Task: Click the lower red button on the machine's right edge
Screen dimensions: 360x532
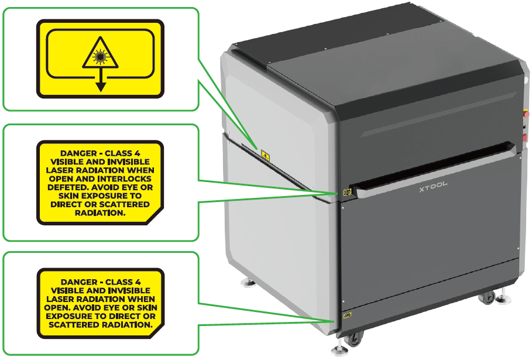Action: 525,138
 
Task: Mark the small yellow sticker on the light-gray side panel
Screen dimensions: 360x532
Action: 265,155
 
